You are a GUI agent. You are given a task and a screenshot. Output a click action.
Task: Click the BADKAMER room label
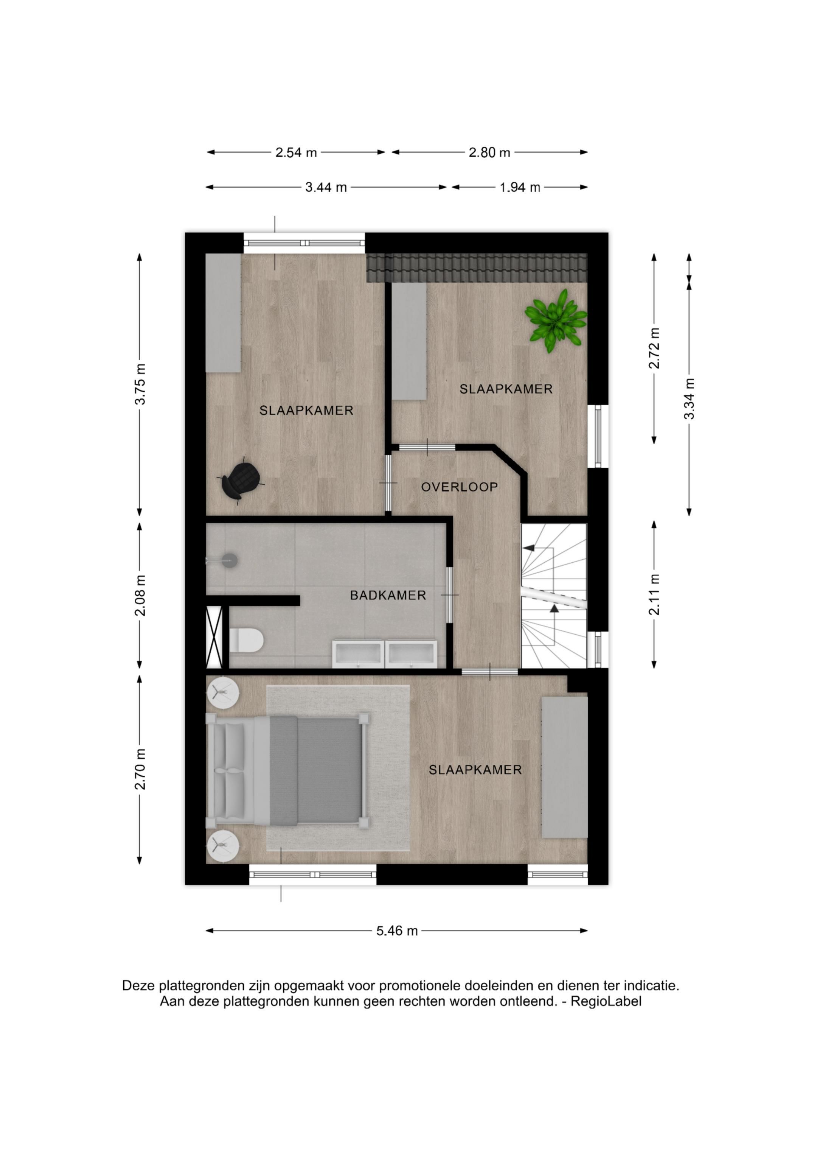point(388,595)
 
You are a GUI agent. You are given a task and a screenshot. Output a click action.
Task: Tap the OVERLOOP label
point(459,487)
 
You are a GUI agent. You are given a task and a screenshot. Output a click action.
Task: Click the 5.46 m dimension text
point(397,931)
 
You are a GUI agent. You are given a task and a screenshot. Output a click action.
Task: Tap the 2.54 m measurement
point(296,152)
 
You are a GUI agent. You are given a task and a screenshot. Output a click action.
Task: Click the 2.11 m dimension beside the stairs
point(654,594)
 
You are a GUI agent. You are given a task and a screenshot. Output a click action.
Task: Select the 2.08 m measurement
point(140,595)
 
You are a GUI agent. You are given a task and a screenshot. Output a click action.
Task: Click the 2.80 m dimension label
point(489,152)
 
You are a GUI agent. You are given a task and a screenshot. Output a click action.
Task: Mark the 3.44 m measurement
point(326,188)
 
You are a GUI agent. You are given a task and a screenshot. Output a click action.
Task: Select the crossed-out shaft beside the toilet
point(214,638)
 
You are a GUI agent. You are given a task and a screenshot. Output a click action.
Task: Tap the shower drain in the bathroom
point(230,559)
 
